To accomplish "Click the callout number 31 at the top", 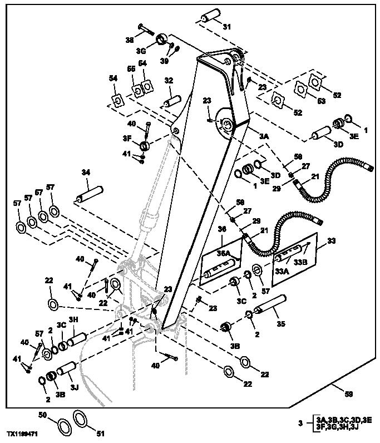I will coord(226,27).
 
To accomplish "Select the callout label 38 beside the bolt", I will coord(129,40).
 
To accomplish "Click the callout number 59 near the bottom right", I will coord(349,395).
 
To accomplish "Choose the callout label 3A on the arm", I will coord(263,135).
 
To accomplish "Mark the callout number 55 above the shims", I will coord(132,69).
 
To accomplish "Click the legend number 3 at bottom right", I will coord(300,424).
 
